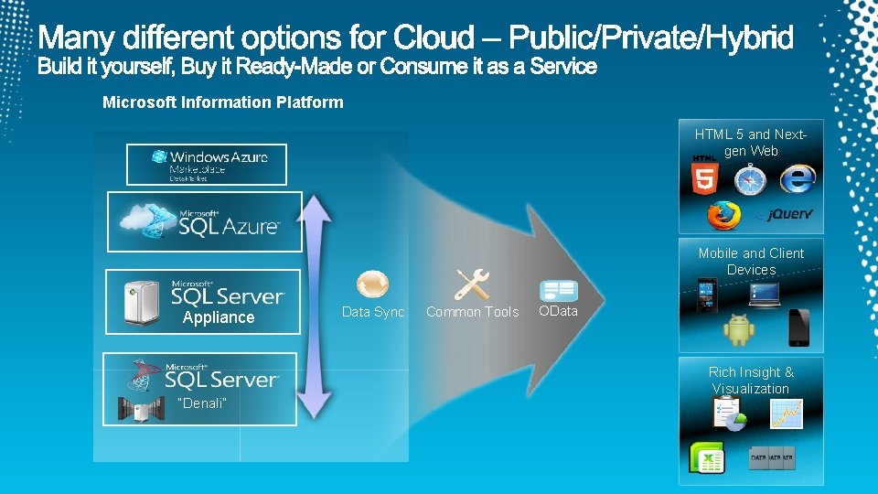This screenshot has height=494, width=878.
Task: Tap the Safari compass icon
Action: click(749, 179)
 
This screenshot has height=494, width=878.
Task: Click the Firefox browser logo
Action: click(723, 215)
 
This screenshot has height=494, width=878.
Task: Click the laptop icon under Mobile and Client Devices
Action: click(764, 294)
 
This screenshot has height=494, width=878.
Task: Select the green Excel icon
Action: click(707, 456)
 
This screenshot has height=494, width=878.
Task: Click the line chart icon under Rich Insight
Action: click(787, 414)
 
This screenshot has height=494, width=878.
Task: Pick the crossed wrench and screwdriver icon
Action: click(472, 285)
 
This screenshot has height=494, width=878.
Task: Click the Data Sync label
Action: click(373, 312)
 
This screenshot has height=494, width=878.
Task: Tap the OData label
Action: click(558, 311)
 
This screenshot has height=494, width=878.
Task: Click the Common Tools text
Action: click(472, 312)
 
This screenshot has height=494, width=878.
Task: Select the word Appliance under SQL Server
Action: click(219, 317)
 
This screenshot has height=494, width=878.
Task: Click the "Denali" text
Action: click(200, 403)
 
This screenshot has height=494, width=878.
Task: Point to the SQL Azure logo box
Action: click(204, 221)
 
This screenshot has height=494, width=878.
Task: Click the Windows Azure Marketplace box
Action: click(206, 165)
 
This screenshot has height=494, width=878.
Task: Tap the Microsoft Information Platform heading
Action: click(223, 102)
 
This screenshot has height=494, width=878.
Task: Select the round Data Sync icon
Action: click(372, 285)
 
